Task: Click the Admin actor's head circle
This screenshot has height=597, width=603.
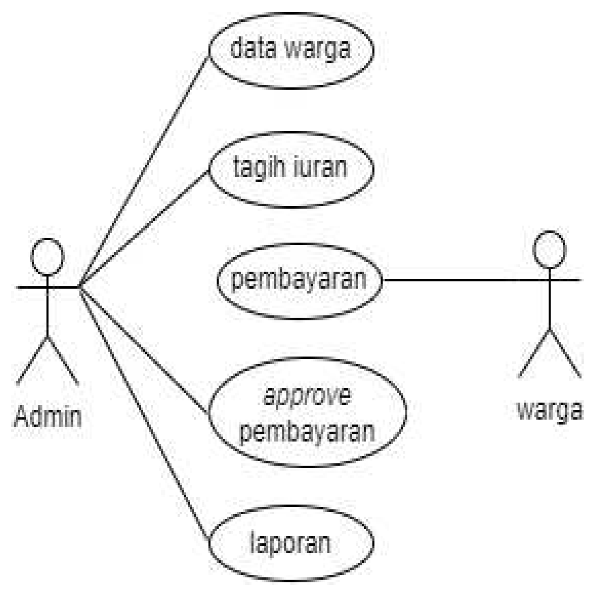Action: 48,257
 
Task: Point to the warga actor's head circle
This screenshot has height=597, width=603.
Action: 549,250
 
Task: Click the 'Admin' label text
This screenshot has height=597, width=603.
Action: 48,417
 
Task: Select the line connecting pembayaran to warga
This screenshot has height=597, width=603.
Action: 456,280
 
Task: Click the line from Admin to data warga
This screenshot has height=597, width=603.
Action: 145,170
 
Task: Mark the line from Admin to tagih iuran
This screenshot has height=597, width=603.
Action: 145,226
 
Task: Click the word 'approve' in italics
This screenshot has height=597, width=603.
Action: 307,396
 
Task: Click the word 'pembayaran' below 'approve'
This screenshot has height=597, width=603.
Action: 308,431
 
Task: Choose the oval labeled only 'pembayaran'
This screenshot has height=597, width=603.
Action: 299,281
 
